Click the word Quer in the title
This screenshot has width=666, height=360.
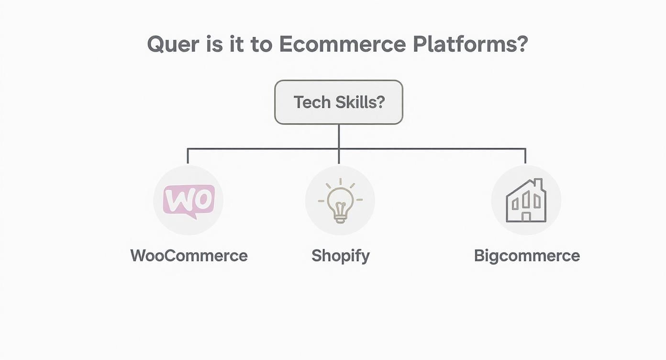pos(173,45)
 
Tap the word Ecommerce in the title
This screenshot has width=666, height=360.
pos(342,45)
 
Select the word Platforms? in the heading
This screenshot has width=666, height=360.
pos(470,45)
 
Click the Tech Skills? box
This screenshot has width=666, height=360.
pos(338,102)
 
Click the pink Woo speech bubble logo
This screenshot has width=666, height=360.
pos(189,201)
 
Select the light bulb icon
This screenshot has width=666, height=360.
pos(340,201)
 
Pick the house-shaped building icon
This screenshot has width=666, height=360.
pos(526,201)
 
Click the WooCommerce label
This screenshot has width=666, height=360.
pos(189,256)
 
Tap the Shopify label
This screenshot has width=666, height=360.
pos(340,256)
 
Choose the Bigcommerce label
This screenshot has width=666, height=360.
pos(527,256)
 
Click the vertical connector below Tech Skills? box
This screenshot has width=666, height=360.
pos(339,136)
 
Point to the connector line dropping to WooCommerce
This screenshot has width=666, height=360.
pos(188,156)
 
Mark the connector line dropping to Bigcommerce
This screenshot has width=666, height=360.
pos(525,156)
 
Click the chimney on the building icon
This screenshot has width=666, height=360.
pos(538,184)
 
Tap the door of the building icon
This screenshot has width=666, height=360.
pos(526,217)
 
